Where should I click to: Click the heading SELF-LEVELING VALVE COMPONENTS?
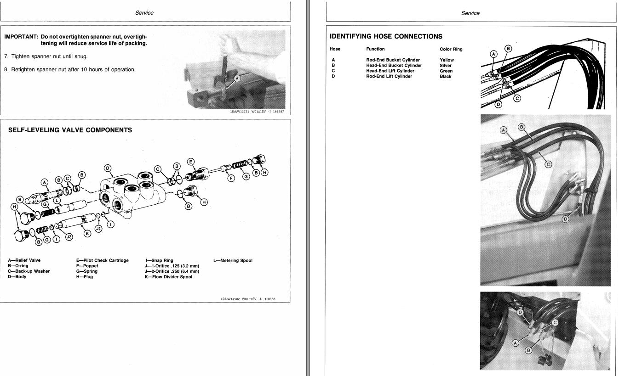pos(70,130)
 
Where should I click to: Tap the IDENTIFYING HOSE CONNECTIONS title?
pos(386,36)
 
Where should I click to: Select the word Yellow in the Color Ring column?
pos(447,60)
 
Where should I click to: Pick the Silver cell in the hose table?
pos(446,65)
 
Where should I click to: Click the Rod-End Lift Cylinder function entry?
pos(389,76)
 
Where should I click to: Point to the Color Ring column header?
pos(451,49)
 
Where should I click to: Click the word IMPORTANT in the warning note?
pos(21,37)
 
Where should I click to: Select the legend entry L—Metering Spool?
pos(233,260)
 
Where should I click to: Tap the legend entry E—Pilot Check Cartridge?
pos(102,260)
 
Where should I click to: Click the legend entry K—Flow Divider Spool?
pos(168,277)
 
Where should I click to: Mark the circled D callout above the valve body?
pos(108,168)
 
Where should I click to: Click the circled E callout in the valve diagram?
pos(191,162)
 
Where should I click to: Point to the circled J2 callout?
pos(69,237)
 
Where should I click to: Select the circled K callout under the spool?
pos(87,234)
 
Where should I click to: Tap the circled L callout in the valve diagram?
pos(57,201)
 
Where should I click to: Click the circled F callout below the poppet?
pos(231,178)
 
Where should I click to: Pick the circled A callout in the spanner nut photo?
pos(237,79)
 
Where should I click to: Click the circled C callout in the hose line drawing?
pos(517,99)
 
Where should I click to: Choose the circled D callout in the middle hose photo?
pos(565,219)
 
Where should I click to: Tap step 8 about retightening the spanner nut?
pos(69,69)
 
